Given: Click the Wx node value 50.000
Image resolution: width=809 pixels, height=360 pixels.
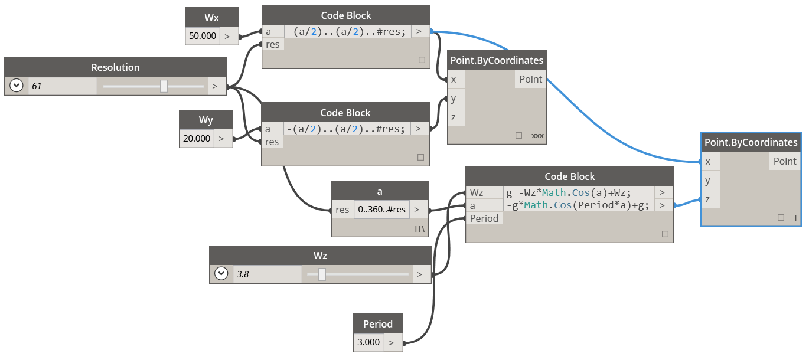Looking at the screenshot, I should click(x=203, y=36).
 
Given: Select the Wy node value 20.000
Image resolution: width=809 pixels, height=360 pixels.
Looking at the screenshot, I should click(x=197, y=139).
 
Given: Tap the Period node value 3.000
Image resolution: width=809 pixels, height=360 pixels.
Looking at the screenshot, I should click(x=369, y=342).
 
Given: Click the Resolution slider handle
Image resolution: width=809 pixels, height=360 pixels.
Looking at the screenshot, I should click(x=164, y=86).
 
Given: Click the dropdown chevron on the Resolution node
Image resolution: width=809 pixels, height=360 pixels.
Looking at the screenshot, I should click(x=16, y=86).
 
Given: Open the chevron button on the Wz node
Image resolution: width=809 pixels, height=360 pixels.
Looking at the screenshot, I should click(x=221, y=274).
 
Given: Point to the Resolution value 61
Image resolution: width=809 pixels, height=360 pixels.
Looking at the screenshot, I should click(x=37, y=86).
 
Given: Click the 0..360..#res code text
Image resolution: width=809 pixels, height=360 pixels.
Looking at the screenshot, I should click(x=381, y=210).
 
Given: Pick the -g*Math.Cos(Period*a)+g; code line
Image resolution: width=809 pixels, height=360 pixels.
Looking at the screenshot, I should click(x=577, y=205).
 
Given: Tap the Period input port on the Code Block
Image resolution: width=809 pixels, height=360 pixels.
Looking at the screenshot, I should click(x=484, y=218).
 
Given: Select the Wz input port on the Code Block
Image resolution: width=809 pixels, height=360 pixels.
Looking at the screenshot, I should click(x=477, y=192).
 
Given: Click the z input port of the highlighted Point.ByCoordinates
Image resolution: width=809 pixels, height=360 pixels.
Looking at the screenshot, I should click(x=707, y=199).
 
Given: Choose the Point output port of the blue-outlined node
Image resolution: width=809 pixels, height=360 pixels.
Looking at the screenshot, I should click(x=784, y=161).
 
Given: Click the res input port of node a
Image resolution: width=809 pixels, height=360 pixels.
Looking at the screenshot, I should click(x=342, y=210).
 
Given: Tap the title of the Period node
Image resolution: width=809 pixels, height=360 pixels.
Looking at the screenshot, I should click(x=378, y=324).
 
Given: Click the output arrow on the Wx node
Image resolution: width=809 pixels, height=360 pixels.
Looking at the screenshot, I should click(x=227, y=36).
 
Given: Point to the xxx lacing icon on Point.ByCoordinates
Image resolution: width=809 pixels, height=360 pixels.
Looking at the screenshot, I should click(x=537, y=136).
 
